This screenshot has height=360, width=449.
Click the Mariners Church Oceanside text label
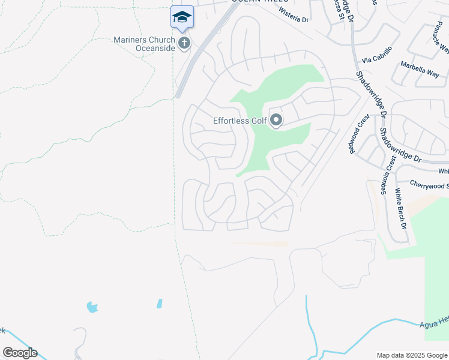coord(144,44)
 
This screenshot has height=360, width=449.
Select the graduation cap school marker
coord(182,17)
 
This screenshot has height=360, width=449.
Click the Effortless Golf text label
coord(240,121)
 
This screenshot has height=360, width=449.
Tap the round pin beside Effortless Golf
coord(276,121)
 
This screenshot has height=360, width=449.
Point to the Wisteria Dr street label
coord(293,19)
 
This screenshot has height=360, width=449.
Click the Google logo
coord(20,353)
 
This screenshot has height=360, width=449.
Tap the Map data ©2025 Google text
coord(411,355)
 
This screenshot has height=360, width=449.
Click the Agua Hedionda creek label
coord(433,322)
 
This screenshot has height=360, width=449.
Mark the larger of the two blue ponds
coord(92,307)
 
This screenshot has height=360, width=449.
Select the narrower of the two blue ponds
coord(159,304)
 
